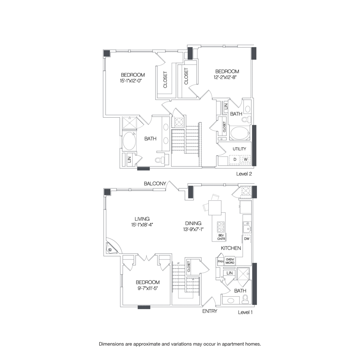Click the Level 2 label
click(x=244, y=174)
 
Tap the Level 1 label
click(x=245, y=312)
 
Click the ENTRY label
click(x=210, y=311)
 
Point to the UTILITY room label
click(x=240, y=149)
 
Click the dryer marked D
click(x=235, y=160)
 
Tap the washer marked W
click(x=246, y=160)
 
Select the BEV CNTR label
click(x=222, y=237)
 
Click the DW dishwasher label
click(x=247, y=239)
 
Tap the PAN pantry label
click(x=220, y=261)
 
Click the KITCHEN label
click(x=231, y=248)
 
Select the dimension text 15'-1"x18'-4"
click(x=142, y=225)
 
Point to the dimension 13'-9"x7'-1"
click(x=193, y=229)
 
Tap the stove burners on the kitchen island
click(x=220, y=227)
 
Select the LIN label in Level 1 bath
click(x=230, y=273)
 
